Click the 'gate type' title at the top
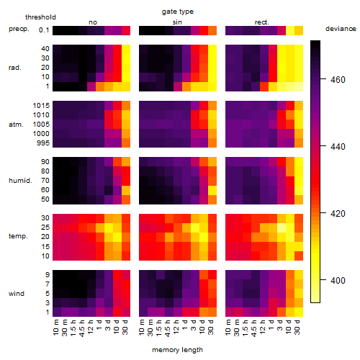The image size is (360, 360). pos(178,12)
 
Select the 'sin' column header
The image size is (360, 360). pos(177,22)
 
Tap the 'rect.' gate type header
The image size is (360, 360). pos(261,22)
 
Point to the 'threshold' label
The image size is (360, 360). pos(40,17)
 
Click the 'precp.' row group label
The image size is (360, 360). pos(19,29)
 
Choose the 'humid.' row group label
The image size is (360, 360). pos(20,181)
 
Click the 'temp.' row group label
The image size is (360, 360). pos(18,236)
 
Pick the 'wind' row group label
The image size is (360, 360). pos(17,294)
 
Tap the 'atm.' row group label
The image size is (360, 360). pos(16,125)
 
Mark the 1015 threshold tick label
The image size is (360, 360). pos(41,106)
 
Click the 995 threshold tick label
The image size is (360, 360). pos(43,143)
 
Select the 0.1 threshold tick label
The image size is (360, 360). pos(44,30)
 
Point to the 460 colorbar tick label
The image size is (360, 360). pos(338,80)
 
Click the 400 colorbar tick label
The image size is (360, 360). pos(338,280)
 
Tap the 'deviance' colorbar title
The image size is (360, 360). pos(341,29)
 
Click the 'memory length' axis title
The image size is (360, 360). pos(178,350)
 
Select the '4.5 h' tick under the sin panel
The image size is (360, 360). pos(168,328)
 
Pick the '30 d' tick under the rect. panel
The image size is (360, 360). pos(297,327)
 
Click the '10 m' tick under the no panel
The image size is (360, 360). pos(55,327)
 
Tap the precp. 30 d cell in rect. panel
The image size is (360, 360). pos(299,30)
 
